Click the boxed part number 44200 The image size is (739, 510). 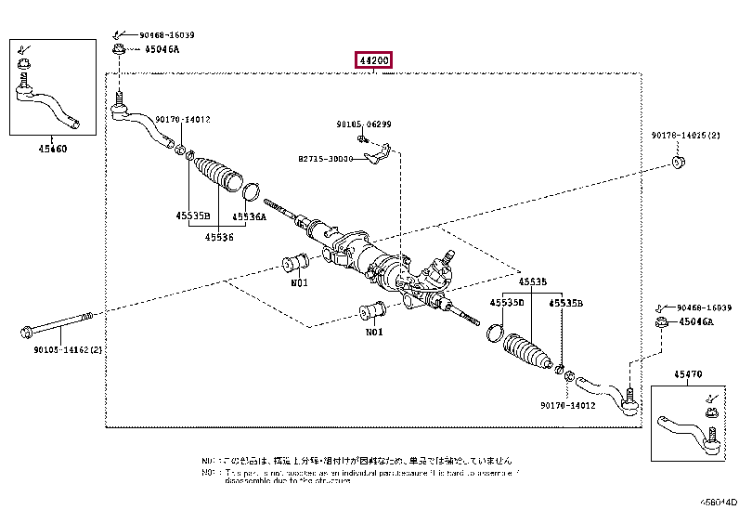[373, 61]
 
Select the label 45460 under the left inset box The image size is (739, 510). [52, 149]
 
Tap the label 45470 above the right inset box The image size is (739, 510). [689, 374]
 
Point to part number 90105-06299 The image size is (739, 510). [364, 124]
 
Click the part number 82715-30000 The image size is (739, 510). [326, 159]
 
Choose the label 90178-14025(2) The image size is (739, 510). [685, 136]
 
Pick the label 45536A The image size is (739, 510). [249, 216]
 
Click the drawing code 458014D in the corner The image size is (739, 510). [718, 502]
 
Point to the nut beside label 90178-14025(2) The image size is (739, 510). [679, 164]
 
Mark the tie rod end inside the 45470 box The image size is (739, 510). [689, 429]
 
